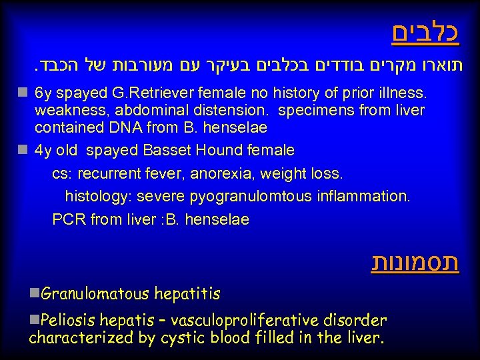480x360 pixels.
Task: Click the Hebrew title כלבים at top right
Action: (x=425, y=33)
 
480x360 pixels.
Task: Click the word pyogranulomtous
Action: (x=243, y=197)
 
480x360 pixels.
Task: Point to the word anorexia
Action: (x=218, y=174)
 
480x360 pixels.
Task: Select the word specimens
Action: (x=309, y=109)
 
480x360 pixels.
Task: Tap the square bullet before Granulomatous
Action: (x=34, y=293)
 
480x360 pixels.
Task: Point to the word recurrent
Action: (x=111, y=174)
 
